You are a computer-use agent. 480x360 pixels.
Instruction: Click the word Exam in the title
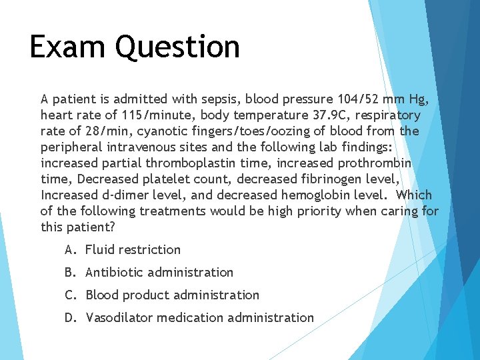point(67,47)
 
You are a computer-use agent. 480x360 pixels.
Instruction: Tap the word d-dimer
point(124,195)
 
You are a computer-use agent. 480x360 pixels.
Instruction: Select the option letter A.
point(69,250)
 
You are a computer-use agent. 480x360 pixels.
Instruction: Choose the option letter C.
point(69,295)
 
